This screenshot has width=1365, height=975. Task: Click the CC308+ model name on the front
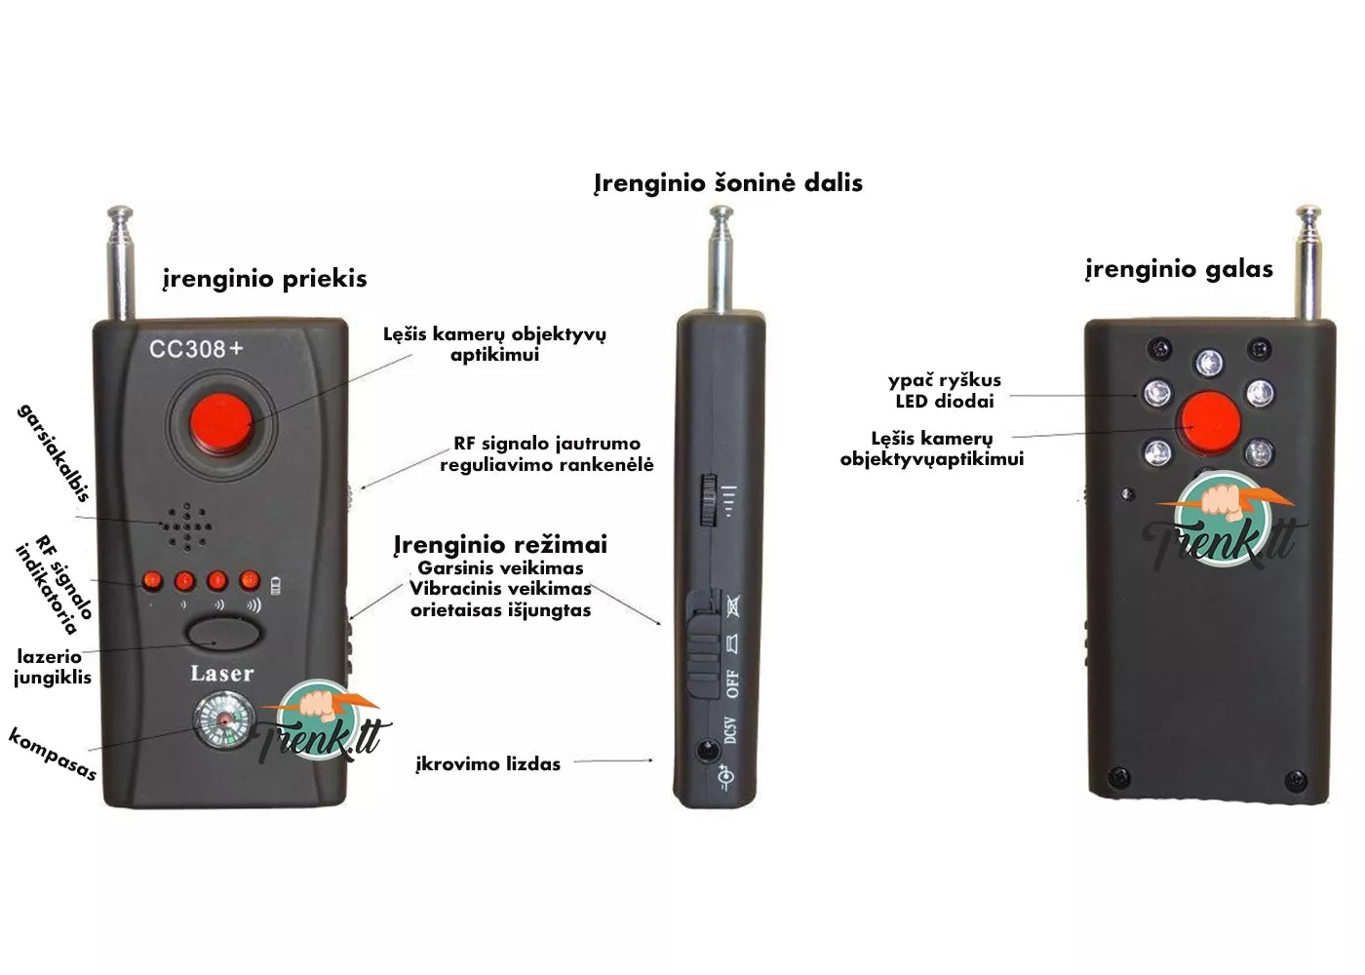(x=196, y=349)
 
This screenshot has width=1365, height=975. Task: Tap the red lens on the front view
(x=221, y=423)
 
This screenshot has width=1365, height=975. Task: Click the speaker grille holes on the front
(x=186, y=526)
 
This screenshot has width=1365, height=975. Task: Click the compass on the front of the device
(x=223, y=722)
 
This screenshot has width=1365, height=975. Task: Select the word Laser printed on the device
(x=222, y=674)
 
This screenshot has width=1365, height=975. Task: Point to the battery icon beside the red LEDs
(x=276, y=585)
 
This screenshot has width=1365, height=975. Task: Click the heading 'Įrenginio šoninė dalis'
(x=728, y=183)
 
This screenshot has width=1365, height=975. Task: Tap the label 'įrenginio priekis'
(x=265, y=279)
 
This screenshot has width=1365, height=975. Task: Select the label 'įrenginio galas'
(x=1179, y=269)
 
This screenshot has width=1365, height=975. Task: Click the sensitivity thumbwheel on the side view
(x=708, y=499)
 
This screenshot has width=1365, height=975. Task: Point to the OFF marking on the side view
(x=732, y=683)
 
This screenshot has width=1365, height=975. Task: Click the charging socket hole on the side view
(x=708, y=750)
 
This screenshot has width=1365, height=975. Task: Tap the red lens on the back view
(x=1210, y=422)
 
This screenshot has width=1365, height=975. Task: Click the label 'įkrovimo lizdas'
(x=488, y=764)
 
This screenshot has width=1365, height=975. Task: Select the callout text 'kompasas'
(x=53, y=754)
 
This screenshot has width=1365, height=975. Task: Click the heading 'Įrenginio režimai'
(x=500, y=545)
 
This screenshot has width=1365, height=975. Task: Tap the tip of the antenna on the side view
(x=721, y=211)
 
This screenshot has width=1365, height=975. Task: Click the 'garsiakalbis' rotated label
(x=54, y=452)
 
